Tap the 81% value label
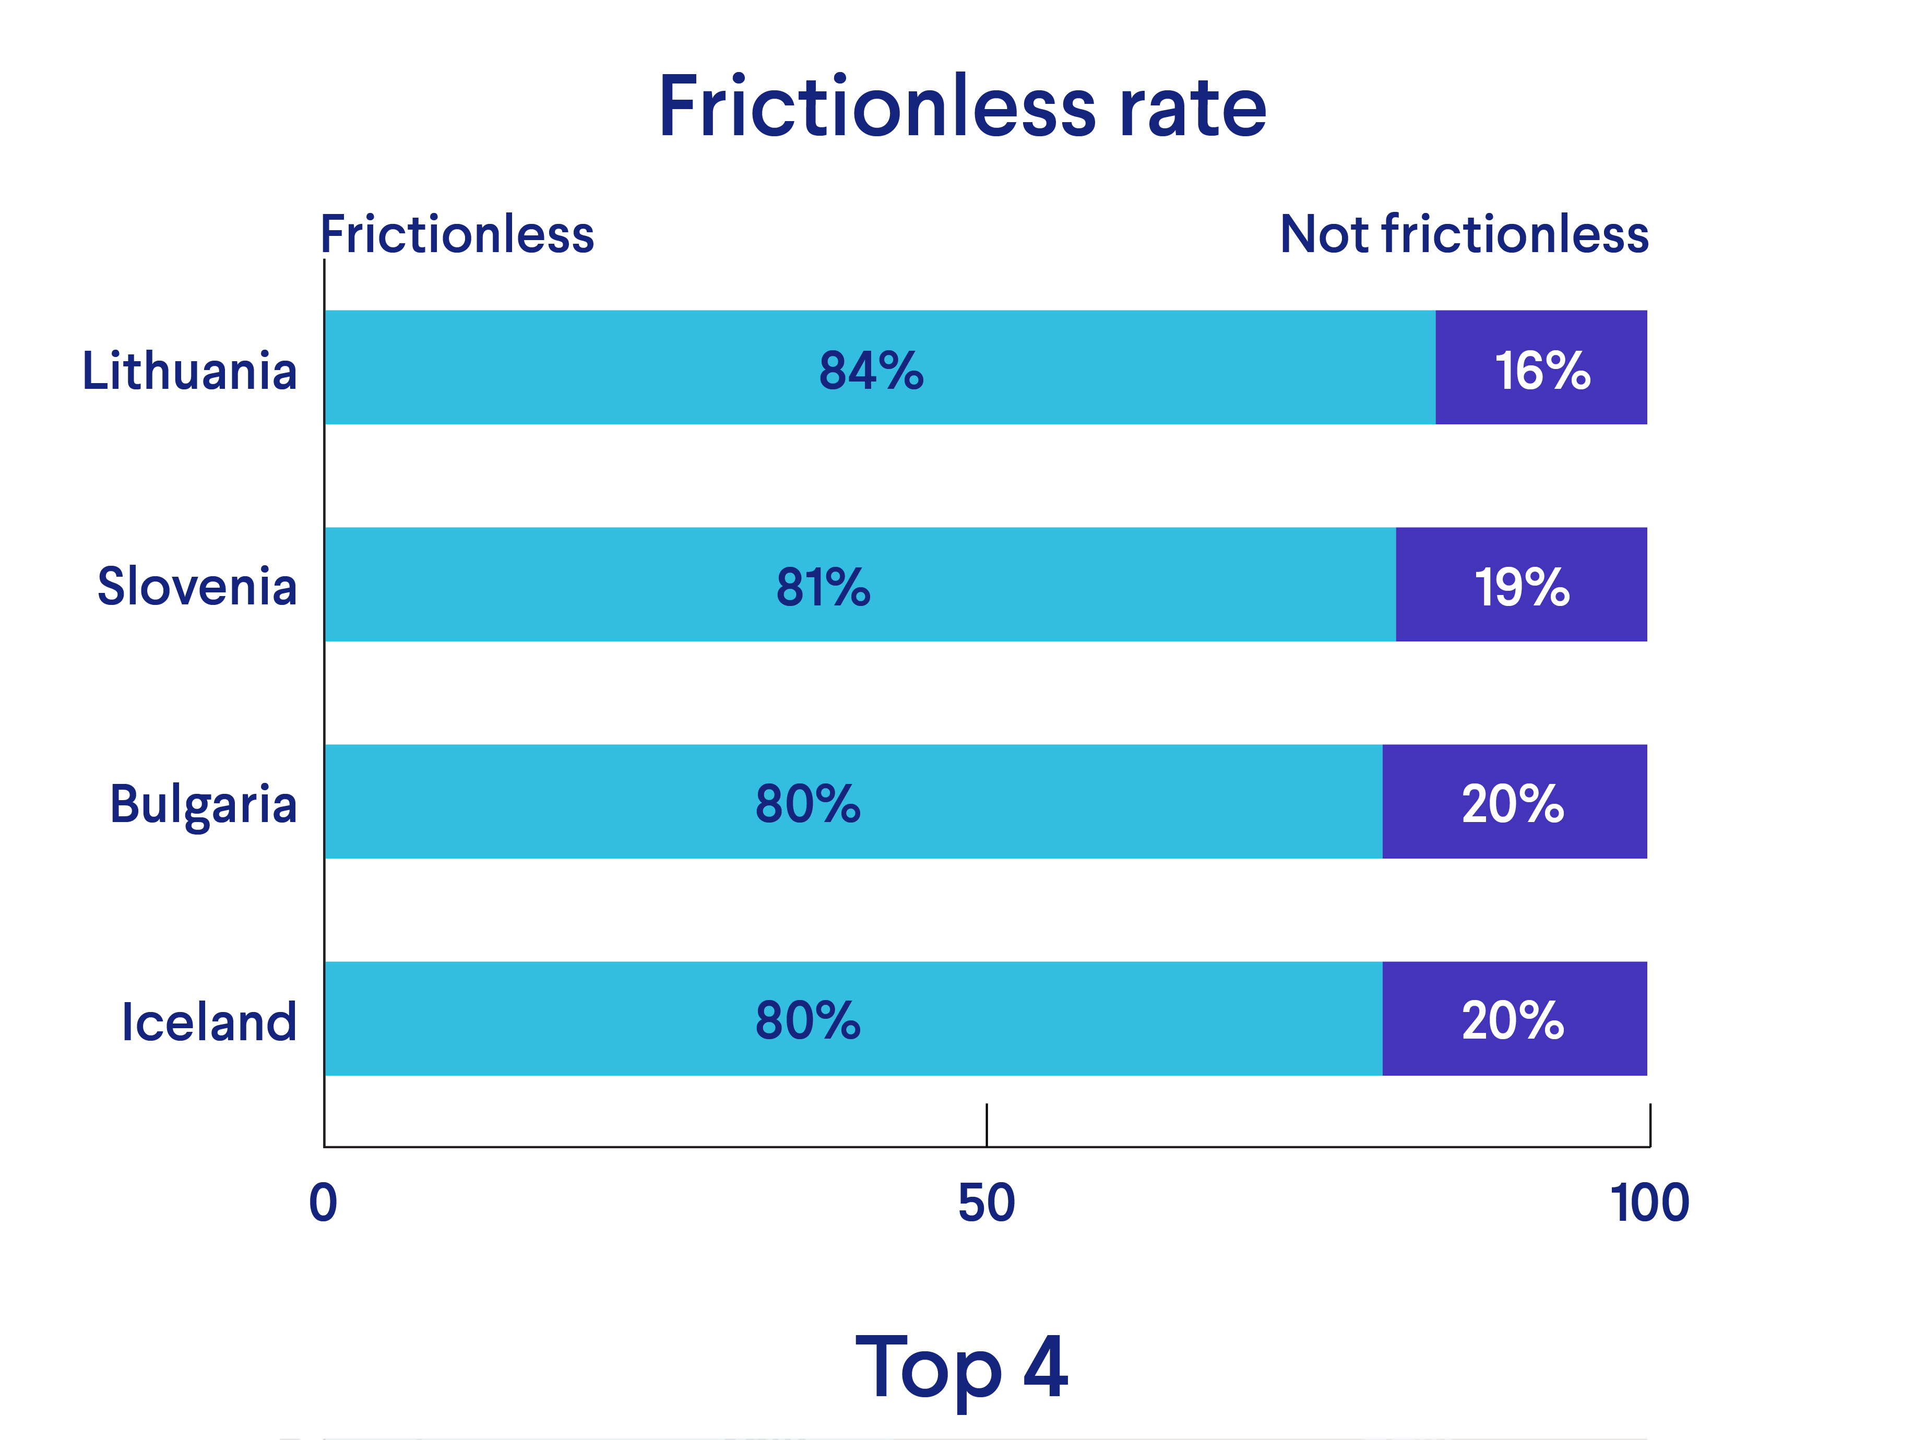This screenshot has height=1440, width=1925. pyautogui.click(x=823, y=587)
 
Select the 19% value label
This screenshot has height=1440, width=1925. pyautogui.click(x=1521, y=587)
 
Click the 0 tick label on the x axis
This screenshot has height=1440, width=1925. pyautogui.click(x=323, y=1204)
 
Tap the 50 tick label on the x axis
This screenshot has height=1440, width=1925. pyautogui.click(x=986, y=1204)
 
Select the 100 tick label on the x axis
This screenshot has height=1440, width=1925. pyautogui.click(x=1649, y=1204)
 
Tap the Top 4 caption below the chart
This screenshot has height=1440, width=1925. pyautogui.click(x=961, y=1368)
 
